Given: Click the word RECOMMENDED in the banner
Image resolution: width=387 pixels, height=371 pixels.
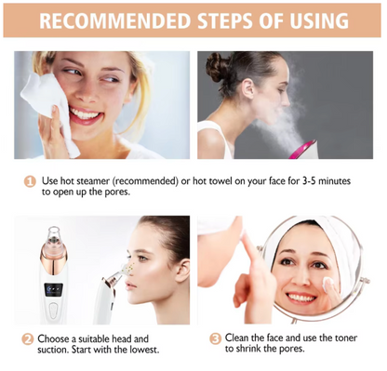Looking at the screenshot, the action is click(114, 20).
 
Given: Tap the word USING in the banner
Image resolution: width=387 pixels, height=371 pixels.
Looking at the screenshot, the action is click(319, 20).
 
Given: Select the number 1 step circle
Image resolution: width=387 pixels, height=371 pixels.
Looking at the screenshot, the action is click(30, 181).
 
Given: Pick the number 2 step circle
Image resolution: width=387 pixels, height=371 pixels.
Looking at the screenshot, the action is click(27, 339).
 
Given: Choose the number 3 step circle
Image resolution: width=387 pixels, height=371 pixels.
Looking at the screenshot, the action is click(215, 338).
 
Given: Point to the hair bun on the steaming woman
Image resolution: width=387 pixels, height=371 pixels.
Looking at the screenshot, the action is click(218, 66).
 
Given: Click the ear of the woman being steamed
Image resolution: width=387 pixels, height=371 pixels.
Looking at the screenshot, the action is click(248, 88).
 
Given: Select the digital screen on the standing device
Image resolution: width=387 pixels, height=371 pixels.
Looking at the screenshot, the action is click(53, 289).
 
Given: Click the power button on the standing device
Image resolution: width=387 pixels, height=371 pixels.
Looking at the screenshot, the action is click(53, 311).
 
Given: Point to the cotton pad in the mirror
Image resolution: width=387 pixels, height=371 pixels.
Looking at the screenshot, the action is click(328, 283).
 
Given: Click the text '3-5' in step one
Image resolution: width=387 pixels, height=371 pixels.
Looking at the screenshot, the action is click(310, 181).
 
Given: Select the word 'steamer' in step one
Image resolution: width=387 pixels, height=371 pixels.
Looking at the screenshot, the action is click(93, 181).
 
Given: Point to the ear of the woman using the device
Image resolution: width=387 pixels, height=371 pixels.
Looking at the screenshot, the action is click(183, 270).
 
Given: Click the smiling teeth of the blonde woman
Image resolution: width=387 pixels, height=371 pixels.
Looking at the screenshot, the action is click(85, 114).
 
